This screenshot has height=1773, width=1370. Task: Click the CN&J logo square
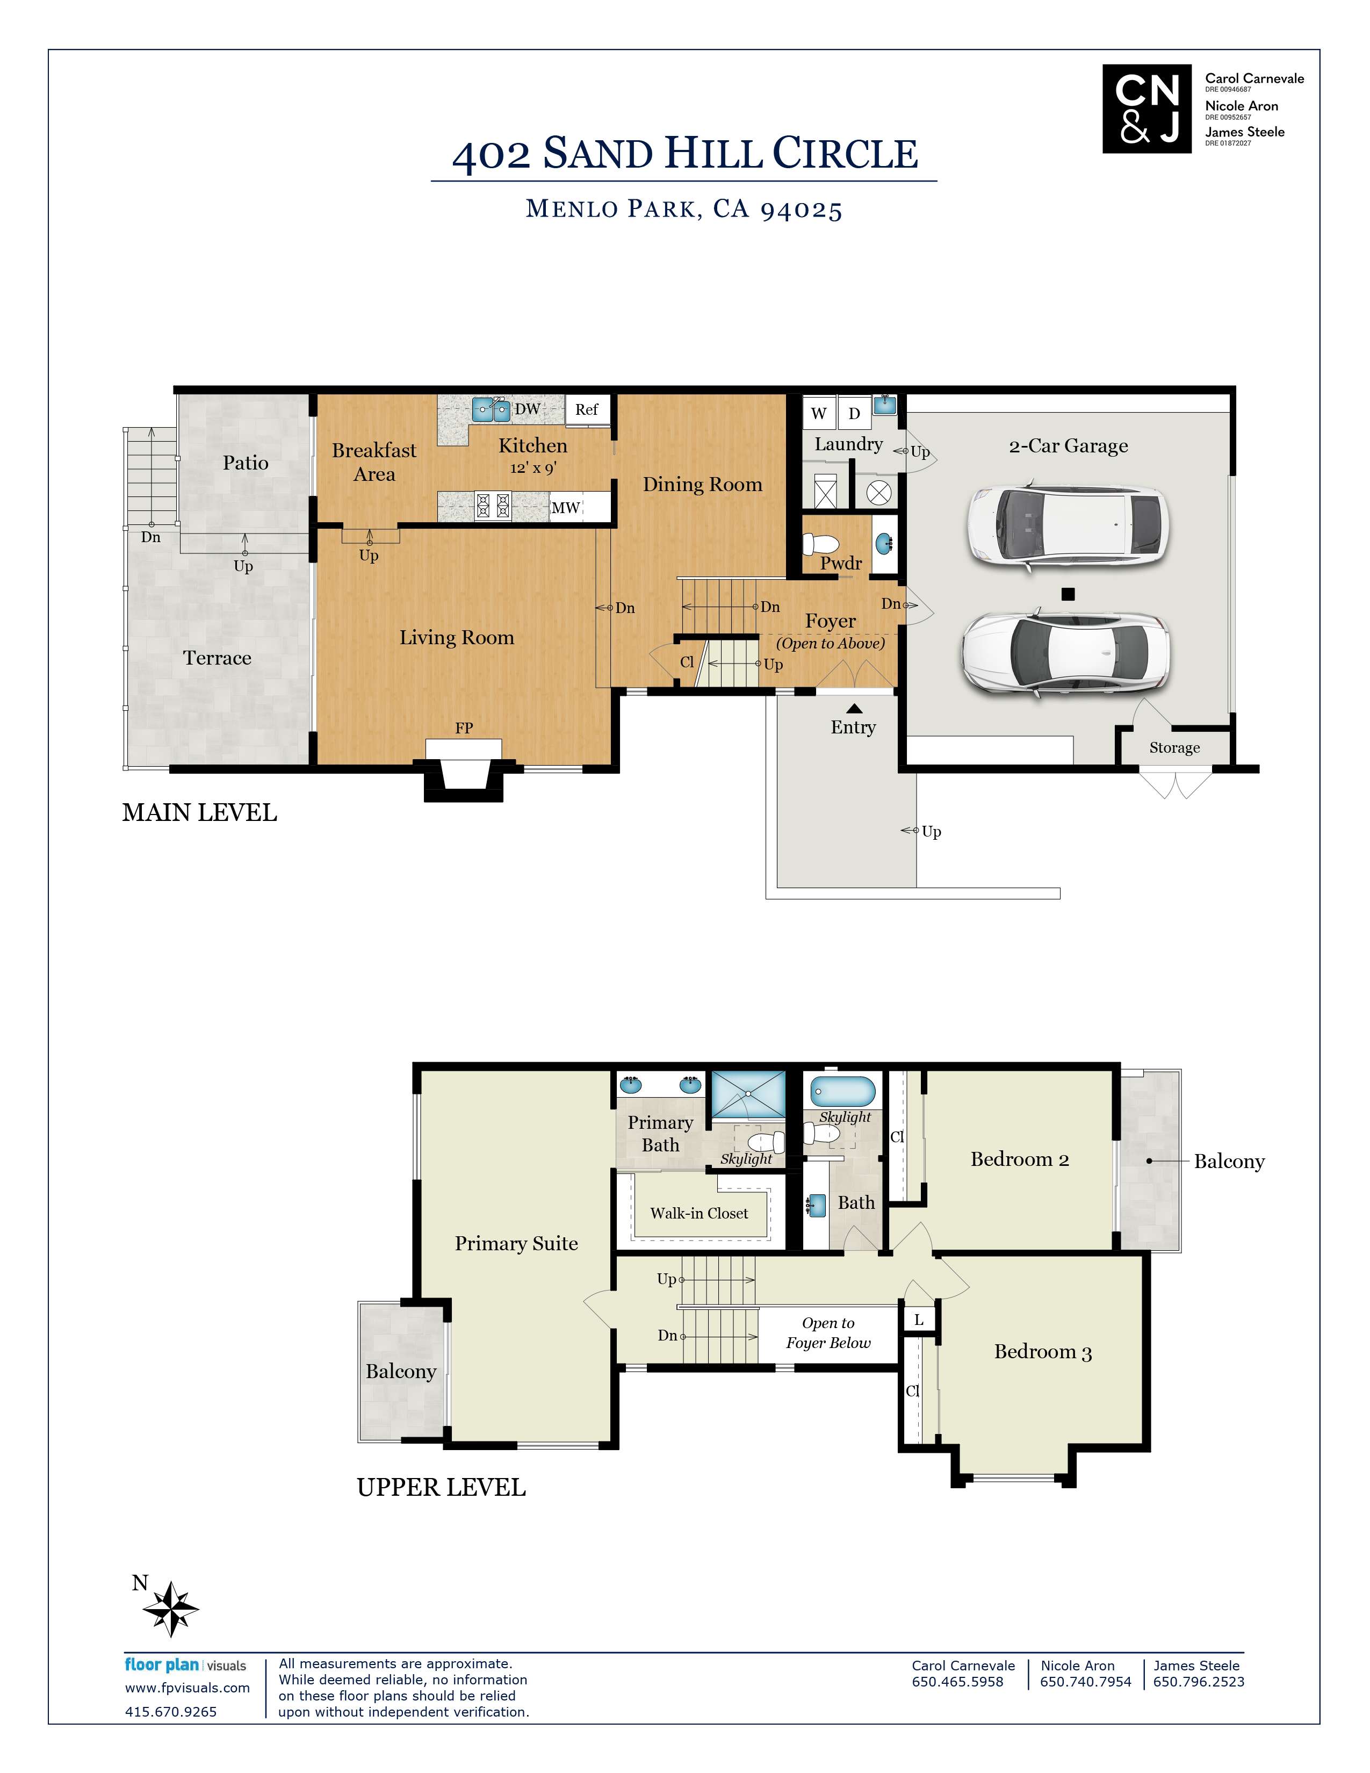1146,109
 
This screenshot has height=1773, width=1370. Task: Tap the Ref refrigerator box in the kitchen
587,409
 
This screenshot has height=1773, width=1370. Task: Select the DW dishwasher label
528,408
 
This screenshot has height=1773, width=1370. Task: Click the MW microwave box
566,507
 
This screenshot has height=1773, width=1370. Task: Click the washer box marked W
818,413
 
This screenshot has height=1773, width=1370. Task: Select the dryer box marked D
854,413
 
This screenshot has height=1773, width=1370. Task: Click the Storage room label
1173,748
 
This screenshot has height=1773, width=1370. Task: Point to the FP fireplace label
464,728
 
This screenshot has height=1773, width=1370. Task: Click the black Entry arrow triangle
854,708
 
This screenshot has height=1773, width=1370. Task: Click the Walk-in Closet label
699,1213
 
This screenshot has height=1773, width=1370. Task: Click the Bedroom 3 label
1042,1352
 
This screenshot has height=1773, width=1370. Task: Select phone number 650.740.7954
1085,1681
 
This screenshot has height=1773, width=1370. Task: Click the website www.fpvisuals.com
188,1688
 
